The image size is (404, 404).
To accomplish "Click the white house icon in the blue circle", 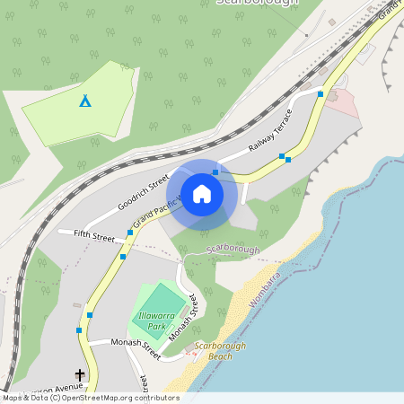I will (202, 193).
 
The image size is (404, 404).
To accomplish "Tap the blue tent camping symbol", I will (85, 101).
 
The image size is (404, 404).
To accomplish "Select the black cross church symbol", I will (79, 374).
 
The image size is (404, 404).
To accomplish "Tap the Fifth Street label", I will (87, 238).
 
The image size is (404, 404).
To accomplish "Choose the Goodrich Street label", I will (143, 193).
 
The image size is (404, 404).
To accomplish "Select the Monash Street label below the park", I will (135, 348).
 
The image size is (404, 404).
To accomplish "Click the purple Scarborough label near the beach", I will (233, 249).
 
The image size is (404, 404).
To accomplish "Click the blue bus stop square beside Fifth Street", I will (130, 233).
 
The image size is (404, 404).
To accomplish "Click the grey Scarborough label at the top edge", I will (256, 3).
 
